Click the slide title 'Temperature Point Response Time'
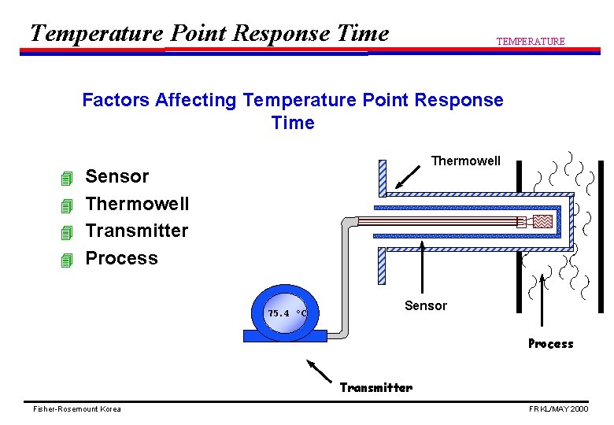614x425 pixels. pos(209,33)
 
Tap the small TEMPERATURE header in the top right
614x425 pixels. pos(530,42)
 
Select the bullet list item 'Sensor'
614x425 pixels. pos(117,176)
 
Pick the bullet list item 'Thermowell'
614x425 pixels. pos(137,204)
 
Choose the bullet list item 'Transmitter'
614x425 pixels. pos(136,231)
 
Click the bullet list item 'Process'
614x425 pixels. pos(121,258)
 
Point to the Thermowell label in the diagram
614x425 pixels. pos(465,161)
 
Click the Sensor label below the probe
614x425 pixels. pos(425,305)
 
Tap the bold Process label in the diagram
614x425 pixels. pos(550,343)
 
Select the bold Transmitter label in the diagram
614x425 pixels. pos(375,387)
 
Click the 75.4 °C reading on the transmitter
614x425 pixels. pos(287,312)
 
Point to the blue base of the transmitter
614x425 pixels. pos(285,336)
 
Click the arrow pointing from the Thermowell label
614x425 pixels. pos(409,176)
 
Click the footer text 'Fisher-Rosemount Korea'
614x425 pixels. pos(77,409)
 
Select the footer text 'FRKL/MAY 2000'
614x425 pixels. pos(558,409)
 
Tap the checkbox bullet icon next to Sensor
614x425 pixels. pos(66,179)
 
